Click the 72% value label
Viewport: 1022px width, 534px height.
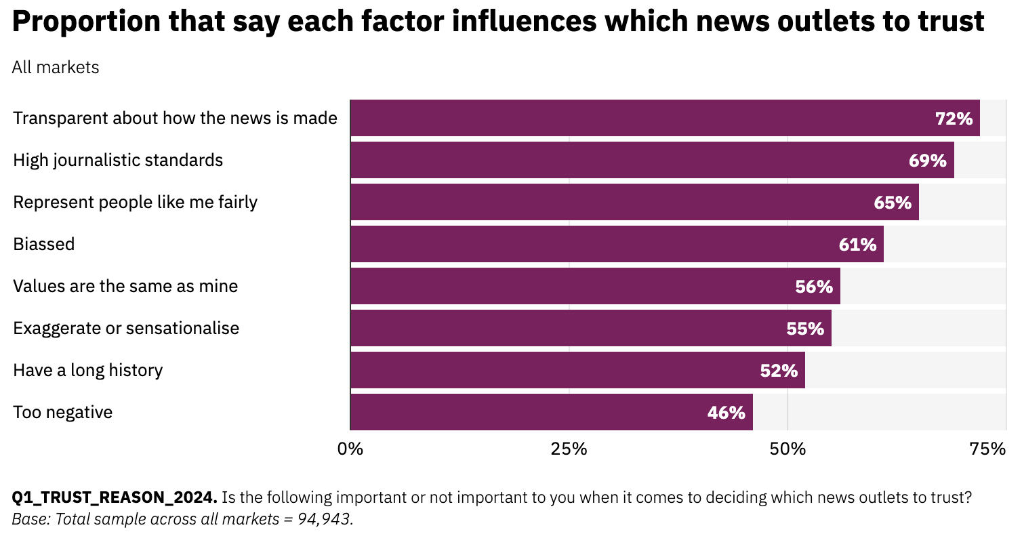pos(954,119)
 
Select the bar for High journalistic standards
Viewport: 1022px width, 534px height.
pos(651,161)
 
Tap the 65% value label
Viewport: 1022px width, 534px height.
pos(893,203)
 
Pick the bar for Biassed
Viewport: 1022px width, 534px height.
pos(615,245)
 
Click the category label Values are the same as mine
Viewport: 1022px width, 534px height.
pos(125,286)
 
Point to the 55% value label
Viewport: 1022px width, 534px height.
pos(805,329)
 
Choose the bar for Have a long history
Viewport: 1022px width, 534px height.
pos(576,371)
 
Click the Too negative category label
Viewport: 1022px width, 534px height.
pos(62,412)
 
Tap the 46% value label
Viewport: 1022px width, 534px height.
pos(726,413)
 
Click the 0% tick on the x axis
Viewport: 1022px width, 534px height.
pos(350,449)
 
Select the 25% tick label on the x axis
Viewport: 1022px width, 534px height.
pos(568,449)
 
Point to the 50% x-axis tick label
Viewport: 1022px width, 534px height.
pos(788,449)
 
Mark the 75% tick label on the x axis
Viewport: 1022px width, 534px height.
pos(987,449)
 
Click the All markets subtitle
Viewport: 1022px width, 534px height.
pos(56,68)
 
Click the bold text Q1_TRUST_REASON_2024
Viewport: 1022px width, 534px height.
pos(115,498)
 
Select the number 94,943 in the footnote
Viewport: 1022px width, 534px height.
pos(326,520)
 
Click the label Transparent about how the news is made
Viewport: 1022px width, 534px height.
pos(175,119)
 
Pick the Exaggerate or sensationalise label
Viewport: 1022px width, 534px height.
pos(126,329)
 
